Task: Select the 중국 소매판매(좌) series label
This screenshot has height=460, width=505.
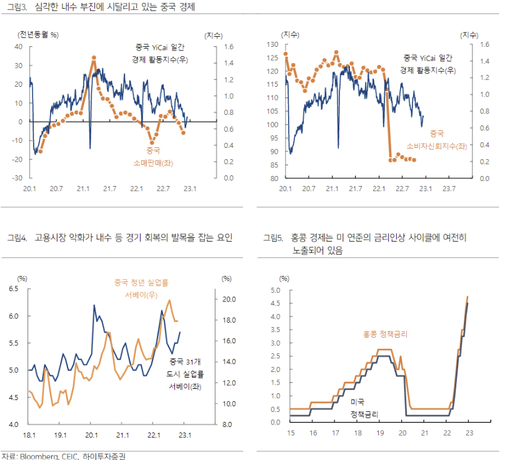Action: coord(153,157)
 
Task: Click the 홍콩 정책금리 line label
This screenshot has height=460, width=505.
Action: coord(385,335)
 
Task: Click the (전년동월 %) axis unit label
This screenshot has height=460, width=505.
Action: coord(38,35)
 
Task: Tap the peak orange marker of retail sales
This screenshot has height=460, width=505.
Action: coord(93,57)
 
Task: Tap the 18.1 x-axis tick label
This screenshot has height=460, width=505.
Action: coord(29,435)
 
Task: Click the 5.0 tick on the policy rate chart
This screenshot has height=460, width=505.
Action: coord(274,290)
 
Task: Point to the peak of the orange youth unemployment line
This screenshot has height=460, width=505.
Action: coord(169,300)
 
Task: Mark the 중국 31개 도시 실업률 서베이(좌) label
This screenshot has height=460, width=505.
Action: coord(187,374)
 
